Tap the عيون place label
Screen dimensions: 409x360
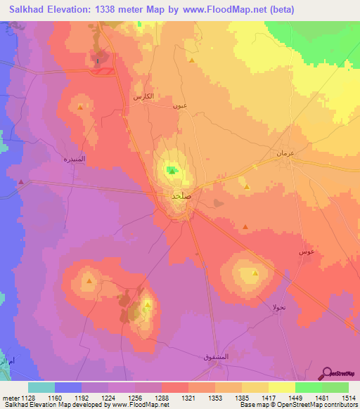[x=179, y=106]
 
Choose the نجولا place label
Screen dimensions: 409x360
[x=280, y=307]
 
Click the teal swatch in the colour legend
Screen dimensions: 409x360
[x=41, y=387]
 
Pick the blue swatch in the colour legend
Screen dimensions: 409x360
[x=67, y=387]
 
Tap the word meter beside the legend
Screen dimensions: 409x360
[x=8, y=397]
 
